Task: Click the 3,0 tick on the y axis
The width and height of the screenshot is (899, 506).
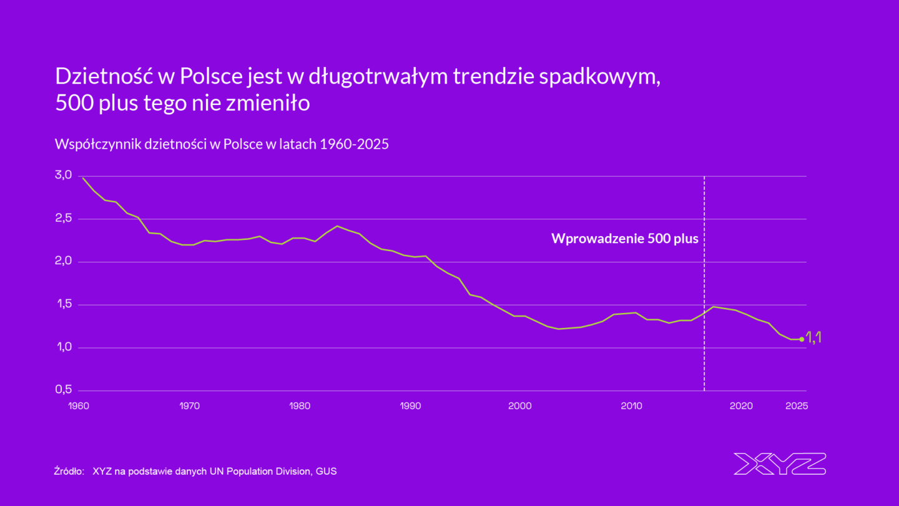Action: [63, 175]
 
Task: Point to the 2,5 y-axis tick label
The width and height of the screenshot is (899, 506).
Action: [63, 218]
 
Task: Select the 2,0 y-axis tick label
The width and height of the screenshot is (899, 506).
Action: [63, 261]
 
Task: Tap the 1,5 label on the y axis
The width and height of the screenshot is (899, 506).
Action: [63, 304]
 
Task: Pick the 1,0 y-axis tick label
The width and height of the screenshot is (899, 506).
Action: [63, 347]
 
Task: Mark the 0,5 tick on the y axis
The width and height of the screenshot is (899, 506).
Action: [63, 390]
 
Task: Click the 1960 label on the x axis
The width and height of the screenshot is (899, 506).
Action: [78, 406]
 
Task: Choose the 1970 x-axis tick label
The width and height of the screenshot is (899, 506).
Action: [189, 406]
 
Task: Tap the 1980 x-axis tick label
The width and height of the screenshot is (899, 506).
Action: [300, 406]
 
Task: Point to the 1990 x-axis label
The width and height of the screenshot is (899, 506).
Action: [410, 406]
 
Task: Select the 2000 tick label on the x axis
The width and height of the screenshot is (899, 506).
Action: [520, 406]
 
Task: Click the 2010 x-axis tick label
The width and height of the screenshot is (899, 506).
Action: [631, 406]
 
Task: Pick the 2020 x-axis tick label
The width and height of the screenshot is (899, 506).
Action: [741, 406]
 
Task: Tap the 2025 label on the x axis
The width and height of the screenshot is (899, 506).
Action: [797, 406]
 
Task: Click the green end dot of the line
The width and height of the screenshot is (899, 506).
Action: [802, 339]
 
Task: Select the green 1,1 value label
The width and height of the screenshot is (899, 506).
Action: [813, 337]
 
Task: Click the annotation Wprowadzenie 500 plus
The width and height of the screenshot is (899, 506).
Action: [624, 239]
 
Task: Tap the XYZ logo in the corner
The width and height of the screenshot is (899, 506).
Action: [780, 464]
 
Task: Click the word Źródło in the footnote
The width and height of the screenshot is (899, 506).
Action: [69, 471]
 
